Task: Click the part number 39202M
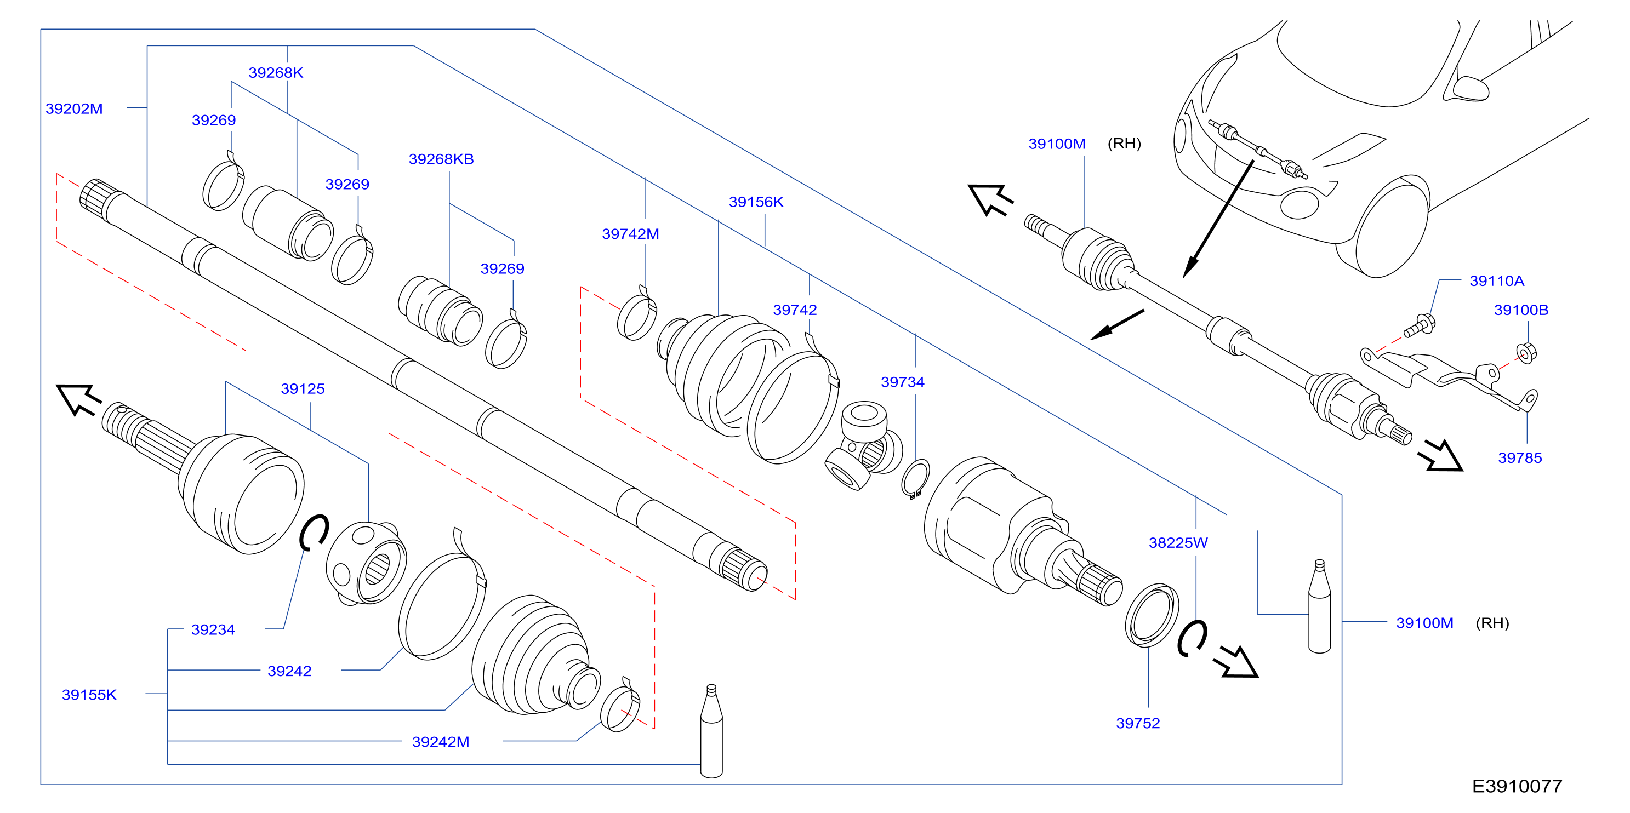coord(74,109)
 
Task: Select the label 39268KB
coord(441,159)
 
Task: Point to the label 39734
coord(902,382)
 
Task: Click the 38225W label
coord(1178,543)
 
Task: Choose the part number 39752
coord(1138,723)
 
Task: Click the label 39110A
coord(1496,281)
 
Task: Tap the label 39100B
coord(1521,310)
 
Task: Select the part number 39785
coord(1520,458)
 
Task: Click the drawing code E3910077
coord(1517,786)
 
